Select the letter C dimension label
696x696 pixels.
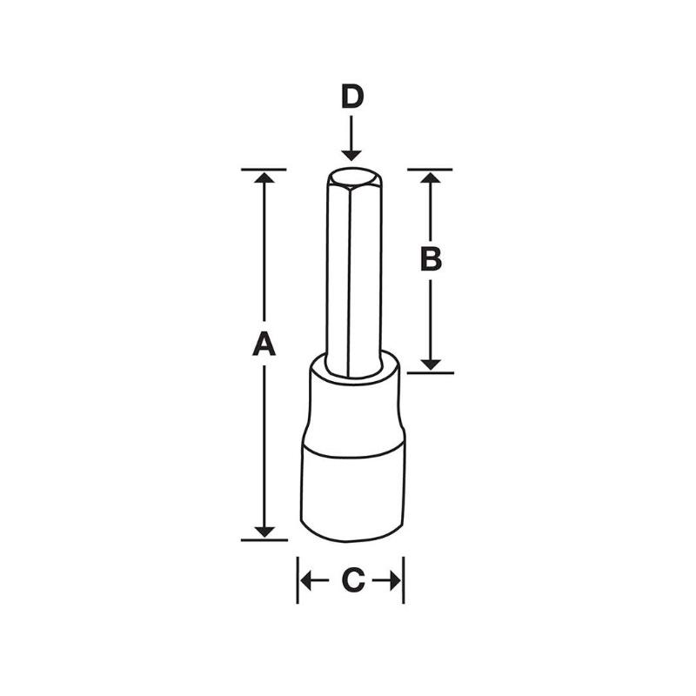pos(351,580)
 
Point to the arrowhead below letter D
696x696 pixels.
pos(351,154)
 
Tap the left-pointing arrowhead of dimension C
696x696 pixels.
pos(307,580)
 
